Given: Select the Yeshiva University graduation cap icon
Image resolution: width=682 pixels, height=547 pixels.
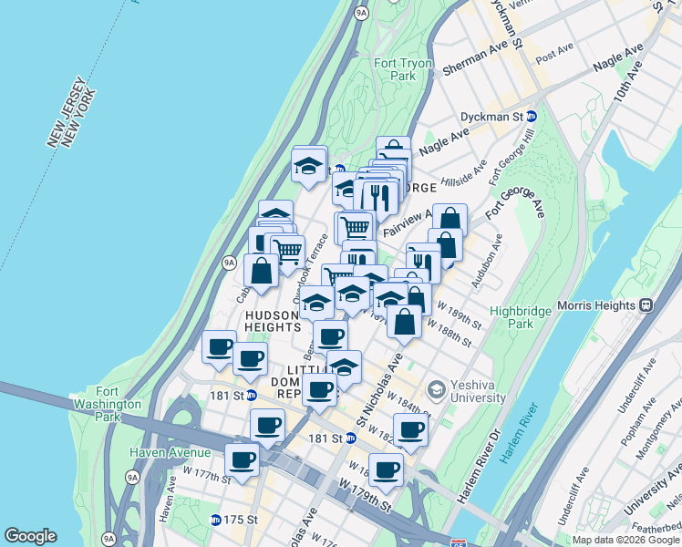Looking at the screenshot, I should (x=436, y=389).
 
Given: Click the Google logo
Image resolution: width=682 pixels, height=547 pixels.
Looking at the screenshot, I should (x=30, y=536).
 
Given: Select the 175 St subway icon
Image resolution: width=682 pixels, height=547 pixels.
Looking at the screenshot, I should (x=215, y=520).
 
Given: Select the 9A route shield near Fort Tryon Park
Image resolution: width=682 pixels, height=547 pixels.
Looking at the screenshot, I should (x=361, y=13).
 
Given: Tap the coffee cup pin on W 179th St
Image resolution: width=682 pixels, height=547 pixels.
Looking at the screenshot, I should (x=386, y=470).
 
